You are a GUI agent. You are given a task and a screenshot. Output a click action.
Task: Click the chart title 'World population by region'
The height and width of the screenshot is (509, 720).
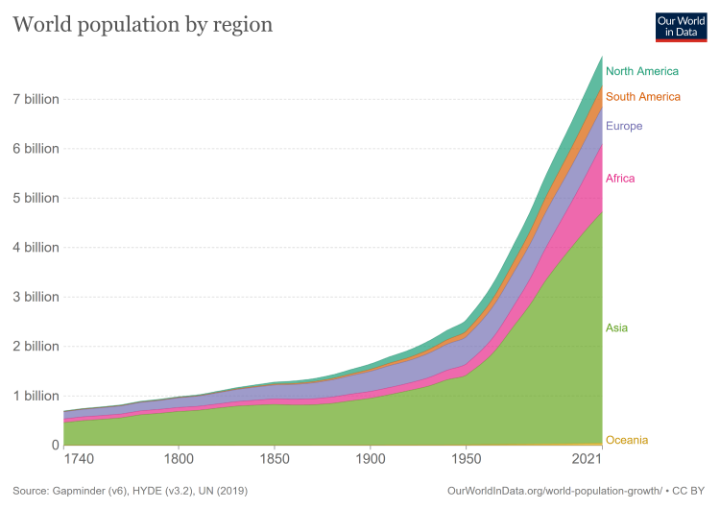tap(142, 24)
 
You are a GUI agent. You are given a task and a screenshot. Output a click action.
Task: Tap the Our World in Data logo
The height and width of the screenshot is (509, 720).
tap(681, 26)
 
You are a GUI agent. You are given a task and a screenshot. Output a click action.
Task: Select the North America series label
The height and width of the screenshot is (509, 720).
tap(642, 71)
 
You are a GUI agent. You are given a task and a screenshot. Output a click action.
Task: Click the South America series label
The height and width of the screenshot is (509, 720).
tap(643, 96)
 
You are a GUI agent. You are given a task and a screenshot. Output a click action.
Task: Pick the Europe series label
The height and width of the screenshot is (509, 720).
tap(624, 126)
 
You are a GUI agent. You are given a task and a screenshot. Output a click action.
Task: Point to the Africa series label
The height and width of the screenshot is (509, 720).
tap(620, 179)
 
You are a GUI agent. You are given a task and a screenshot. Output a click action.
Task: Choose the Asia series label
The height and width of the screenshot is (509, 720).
tap(616, 328)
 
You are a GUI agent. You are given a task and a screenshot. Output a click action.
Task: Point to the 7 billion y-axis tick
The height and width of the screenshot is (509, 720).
tap(36, 99)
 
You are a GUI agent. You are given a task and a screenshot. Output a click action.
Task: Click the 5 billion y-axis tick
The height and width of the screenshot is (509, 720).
tap(36, 198)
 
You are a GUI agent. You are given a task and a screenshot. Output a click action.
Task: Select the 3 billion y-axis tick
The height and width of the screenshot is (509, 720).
tap(36, 297)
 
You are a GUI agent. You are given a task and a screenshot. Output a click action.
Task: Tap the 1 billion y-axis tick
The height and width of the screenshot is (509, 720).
tap(36, 396)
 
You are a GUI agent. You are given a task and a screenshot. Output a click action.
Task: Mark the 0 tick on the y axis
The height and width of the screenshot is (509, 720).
tap(55, 445)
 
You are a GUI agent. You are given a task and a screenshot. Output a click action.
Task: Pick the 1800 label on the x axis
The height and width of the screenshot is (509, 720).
tap(178, 461)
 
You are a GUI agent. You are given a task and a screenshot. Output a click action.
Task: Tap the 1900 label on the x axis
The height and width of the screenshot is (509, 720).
tap(370, 461)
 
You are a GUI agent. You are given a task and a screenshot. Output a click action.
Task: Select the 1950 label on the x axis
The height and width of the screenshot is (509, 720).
tap(466, 461)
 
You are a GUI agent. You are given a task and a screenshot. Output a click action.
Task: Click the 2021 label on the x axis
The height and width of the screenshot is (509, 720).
tap(588, 461)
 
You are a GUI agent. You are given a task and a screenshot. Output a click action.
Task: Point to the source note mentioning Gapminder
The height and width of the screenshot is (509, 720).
tap(131, 491)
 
